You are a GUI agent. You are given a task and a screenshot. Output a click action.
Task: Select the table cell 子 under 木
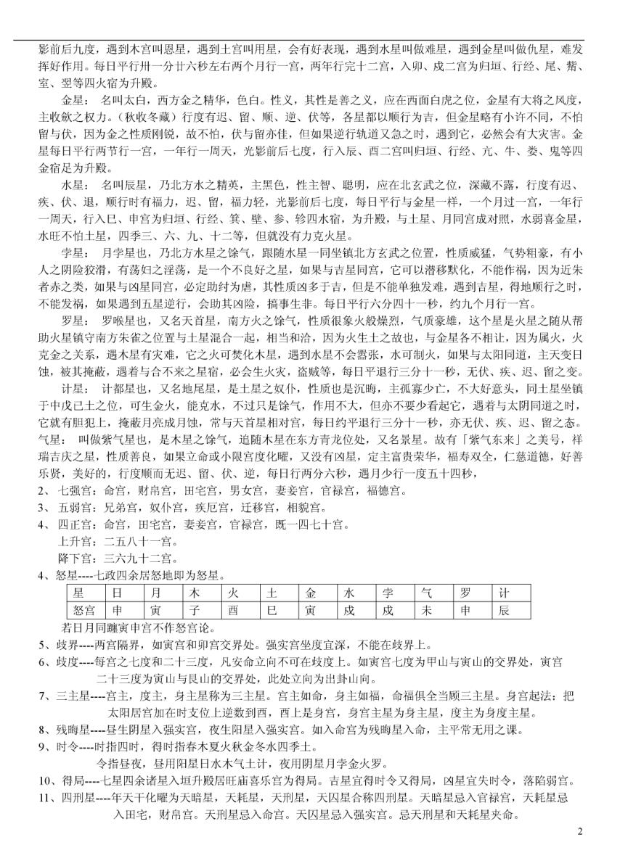point(195,610)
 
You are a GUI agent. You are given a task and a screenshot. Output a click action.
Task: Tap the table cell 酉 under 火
point(234,610)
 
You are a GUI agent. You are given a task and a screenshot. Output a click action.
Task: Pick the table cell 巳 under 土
point(272,610)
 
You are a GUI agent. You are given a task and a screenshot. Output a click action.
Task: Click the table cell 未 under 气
point(426,610)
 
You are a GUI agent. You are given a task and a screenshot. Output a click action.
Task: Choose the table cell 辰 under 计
point(503,610)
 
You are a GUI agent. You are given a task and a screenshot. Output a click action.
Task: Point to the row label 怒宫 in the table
point(80,610)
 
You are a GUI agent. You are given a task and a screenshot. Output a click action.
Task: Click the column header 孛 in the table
point(388,593)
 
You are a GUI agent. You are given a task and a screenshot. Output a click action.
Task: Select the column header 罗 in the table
point(465,593)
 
